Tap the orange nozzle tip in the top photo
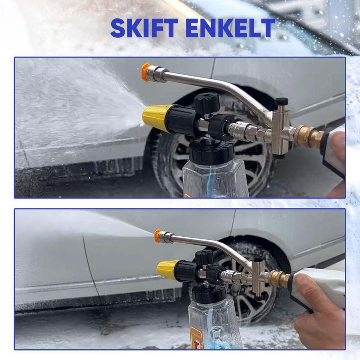(146, 72)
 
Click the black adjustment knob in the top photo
(207, 103)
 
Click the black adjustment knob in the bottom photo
(204, 258)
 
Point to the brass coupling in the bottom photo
(279, 278)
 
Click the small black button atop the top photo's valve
(282, 101)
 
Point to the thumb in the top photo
(337, 144)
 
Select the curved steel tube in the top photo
(220, 87)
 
